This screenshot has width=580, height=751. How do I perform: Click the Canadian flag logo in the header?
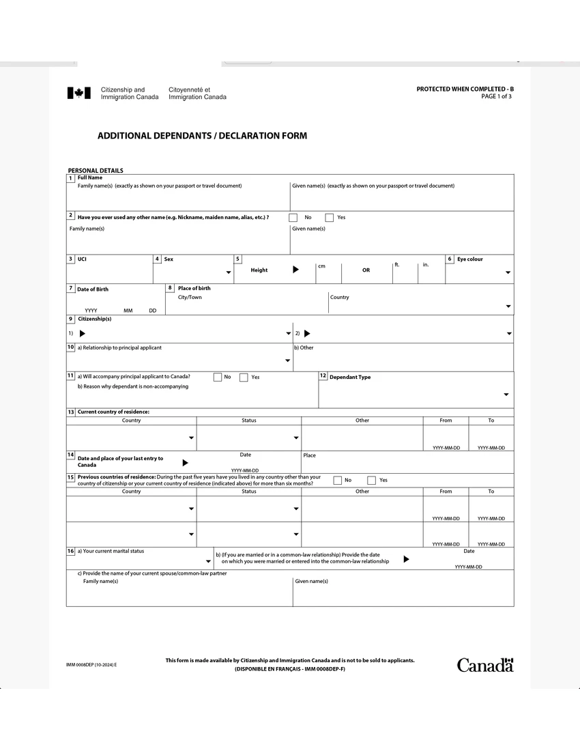(78, 94)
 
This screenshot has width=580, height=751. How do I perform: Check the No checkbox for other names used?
(293, 218)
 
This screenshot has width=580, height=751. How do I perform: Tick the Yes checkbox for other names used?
(330, 218)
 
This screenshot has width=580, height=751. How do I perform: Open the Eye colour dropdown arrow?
(508, 273)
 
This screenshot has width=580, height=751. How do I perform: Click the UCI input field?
(109, 273)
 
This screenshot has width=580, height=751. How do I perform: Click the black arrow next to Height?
(295, 270)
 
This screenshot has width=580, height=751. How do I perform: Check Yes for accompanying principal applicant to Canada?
(244, 378)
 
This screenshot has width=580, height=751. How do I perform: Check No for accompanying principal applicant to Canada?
(218, 378)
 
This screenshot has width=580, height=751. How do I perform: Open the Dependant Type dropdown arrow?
(506, 395)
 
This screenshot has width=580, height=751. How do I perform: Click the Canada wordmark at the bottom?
(484, 665)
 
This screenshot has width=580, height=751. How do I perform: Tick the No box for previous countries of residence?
(337, 480)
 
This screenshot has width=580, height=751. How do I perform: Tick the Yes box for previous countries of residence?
(372, 480)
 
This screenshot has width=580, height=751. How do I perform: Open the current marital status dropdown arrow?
(208, 563)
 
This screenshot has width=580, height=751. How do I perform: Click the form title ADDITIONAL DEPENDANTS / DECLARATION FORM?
(202, 136)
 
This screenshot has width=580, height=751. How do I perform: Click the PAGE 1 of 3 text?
(496, 97)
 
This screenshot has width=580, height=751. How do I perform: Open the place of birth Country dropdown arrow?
(508, 307)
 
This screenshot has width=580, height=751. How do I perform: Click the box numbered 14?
(70, 455)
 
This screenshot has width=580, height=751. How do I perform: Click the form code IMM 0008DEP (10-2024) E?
(91, 664)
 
